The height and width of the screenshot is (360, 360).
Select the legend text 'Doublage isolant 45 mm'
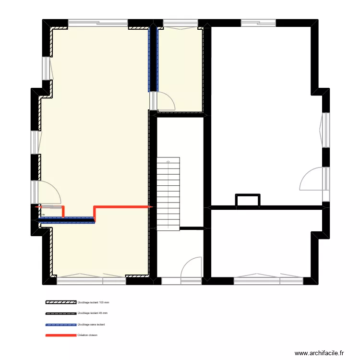96,313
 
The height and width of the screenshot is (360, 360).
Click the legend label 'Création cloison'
87,335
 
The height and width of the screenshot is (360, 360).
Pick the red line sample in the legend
61,335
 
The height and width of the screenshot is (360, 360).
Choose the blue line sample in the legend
61,324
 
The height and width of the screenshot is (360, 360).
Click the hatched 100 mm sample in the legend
61,303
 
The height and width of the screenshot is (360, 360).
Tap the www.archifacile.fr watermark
320,353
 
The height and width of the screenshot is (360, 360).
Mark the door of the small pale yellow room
166,100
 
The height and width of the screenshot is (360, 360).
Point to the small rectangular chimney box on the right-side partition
248,201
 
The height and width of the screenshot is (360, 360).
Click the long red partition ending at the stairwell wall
122,206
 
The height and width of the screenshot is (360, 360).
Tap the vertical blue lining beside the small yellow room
153,58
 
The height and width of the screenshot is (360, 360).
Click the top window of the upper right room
258,22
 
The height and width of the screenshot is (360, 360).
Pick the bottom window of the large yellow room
91,277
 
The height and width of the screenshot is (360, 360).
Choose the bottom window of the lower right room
266,277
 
